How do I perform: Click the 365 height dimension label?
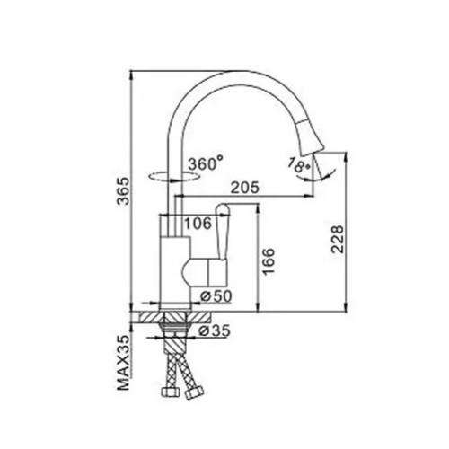tap(123, 191)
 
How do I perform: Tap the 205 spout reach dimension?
tap(245, 188)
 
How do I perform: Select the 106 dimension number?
tap(198, 224)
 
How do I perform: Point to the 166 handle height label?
tap(269, 260)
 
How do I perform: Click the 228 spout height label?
tap(338, 240)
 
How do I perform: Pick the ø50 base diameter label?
tap(216, 296)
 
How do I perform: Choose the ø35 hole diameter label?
tap(215, 330)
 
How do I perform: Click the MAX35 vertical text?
tap(123, 363)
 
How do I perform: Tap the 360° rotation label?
tap(206, 163)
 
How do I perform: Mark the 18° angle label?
tap(298, 164)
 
